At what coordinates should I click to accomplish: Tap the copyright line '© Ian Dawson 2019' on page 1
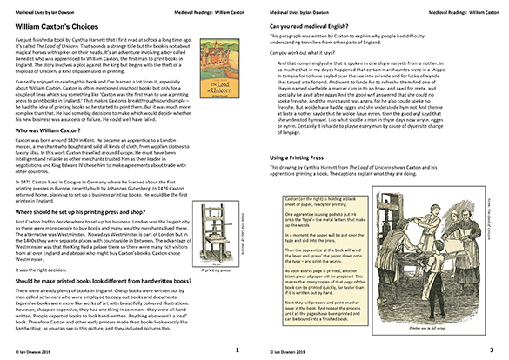(x=30, y=351)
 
